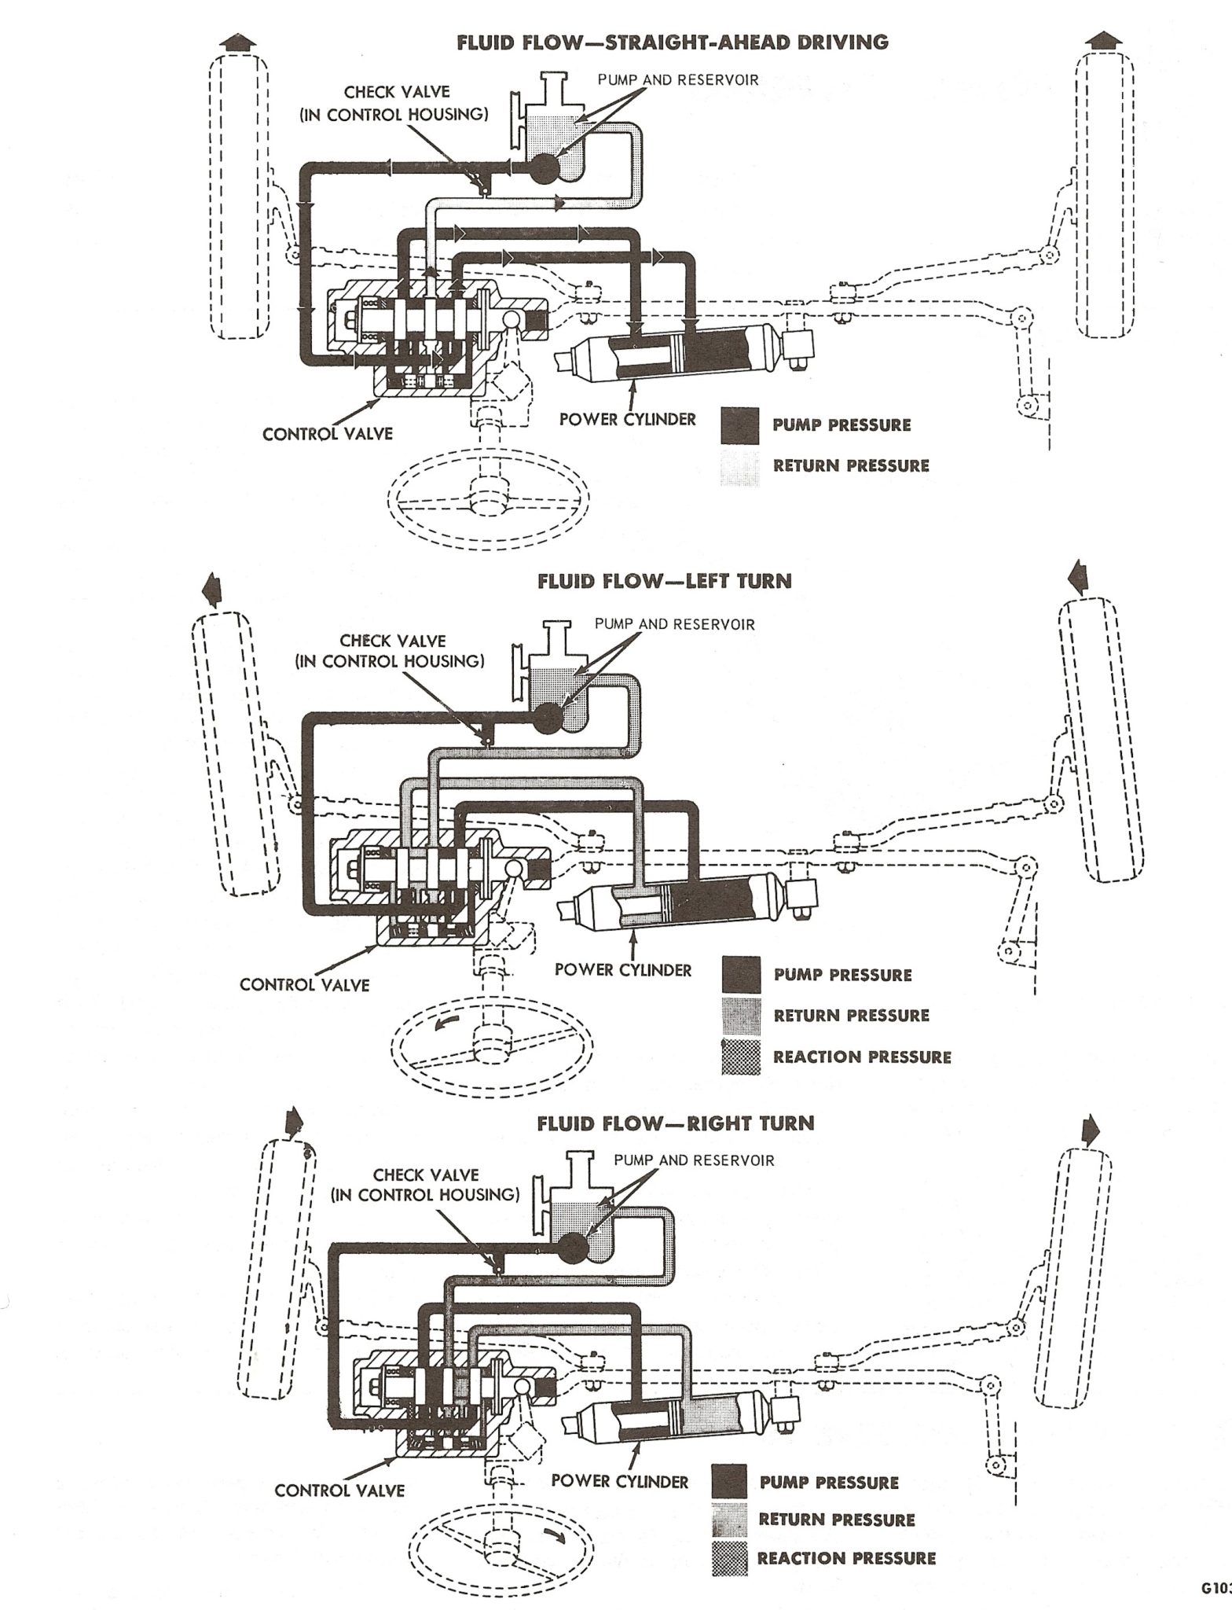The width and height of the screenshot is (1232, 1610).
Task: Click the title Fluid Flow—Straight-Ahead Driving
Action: pyautogui.click(x=673, y=42)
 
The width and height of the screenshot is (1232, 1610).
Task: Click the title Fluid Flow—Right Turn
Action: pyautogui.click(x=675, y=1123)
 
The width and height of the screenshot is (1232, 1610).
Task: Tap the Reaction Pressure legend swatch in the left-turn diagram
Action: pyautogui.click(x=740, y=1056)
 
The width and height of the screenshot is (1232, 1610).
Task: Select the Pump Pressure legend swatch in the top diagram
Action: pyautogui.click(x=740, y=425)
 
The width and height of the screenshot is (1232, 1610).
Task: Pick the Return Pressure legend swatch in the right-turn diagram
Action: pyautogui.click(x=729, y=1519)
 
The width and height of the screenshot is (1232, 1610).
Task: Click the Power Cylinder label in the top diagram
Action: pyautogui.click(x=627, y=418)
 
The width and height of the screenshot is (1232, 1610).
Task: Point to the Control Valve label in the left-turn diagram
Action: pyautogui.click(x=304, y=983)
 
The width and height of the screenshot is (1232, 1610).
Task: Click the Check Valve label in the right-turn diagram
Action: pyautogui.click(x=426, y=1184)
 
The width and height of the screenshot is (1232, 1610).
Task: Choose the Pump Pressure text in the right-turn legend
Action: pyautogui.click(x=828, y=1483)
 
